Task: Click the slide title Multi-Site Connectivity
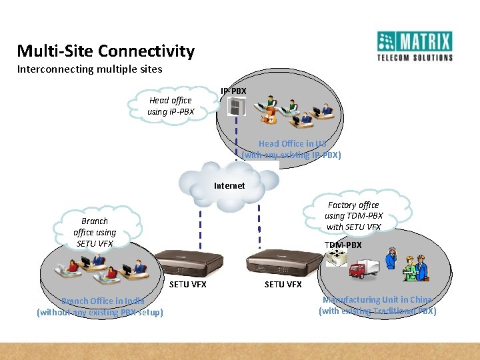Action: click(105, 51)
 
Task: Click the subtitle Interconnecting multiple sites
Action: click(89, 69)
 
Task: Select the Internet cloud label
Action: click(229, 185)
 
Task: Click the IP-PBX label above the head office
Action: click(233, 91)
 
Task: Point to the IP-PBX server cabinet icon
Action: click(236, 107)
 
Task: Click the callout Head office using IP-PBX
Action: click(171, 106)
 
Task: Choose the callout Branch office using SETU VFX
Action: click(95, 232)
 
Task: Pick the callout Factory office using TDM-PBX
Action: click(353, 216)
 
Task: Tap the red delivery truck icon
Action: click(363, 269)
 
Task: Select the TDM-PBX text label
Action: click(343, 245)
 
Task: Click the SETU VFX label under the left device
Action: click(188, 284)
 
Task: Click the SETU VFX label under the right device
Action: click(283, 284)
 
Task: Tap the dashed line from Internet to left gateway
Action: click(199, 227)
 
